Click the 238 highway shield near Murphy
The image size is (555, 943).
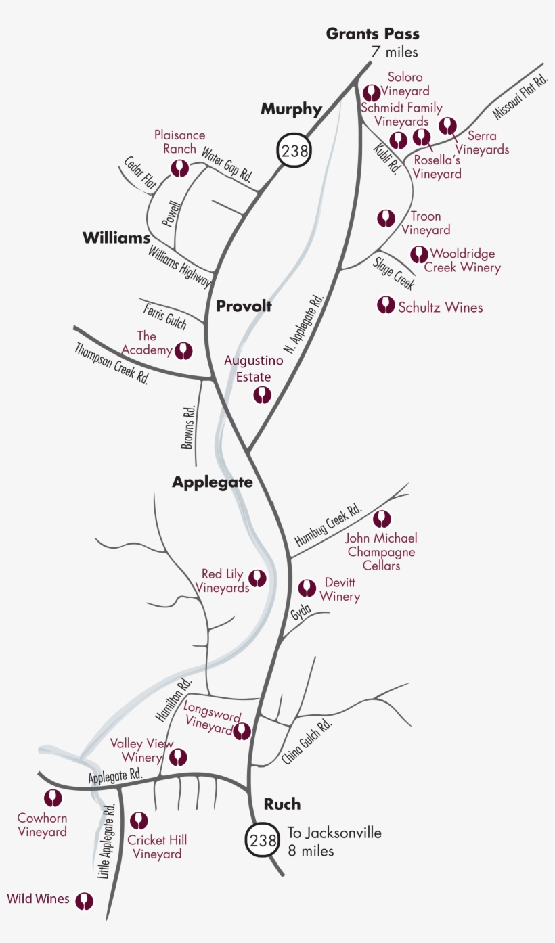point(294,150)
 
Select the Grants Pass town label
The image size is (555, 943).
point(372,34)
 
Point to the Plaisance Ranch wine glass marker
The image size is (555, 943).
point(179,168)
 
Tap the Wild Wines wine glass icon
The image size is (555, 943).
point(84,901)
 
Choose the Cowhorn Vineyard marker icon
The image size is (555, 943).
point(53,799)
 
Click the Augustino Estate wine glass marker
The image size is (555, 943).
point(262,394)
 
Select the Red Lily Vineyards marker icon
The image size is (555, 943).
point(257,578)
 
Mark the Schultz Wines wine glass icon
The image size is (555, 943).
point(386,305)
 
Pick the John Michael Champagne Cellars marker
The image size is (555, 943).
point(382,520)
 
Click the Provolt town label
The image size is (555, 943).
point(244,306)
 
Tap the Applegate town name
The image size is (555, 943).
point(212,482)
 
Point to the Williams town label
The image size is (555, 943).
point(116,238)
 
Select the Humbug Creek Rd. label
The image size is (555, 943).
point(329,525)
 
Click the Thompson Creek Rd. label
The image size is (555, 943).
point(112,363)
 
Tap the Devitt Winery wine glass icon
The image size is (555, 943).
point(307,588)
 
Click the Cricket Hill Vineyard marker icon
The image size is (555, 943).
point(139,821)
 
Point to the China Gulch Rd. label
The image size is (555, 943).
point(308,741)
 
